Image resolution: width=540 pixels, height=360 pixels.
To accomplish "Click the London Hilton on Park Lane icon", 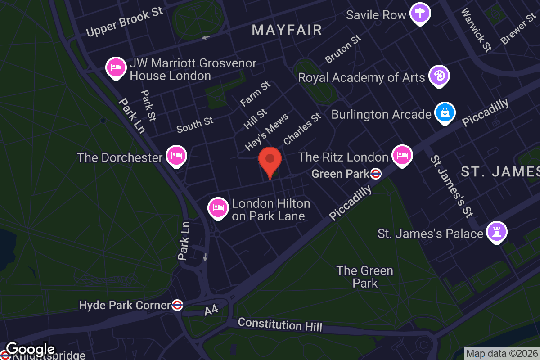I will [x=217, y=207].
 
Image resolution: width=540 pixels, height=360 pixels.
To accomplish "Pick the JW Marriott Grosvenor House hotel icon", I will [x=116, y=67].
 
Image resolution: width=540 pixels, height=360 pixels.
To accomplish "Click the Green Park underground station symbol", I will [x=376, y=173].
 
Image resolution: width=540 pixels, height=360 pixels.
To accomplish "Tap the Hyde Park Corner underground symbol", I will [x=177, y=305].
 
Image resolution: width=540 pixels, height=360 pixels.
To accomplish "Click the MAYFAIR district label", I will [x=287, y=30].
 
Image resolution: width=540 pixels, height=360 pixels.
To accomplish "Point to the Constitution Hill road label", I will [x=280, y=324].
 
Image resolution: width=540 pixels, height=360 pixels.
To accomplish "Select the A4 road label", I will [x=211, y=310].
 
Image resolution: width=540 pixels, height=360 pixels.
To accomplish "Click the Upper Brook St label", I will [x=124, y=22].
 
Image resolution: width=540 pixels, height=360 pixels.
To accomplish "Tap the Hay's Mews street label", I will [x=266, y=133].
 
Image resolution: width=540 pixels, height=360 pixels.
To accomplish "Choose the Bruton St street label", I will [x=343, y=49].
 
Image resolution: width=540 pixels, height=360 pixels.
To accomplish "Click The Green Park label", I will [x=365, y=277].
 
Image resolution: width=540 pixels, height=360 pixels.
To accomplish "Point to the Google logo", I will [x=31, y=349].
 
